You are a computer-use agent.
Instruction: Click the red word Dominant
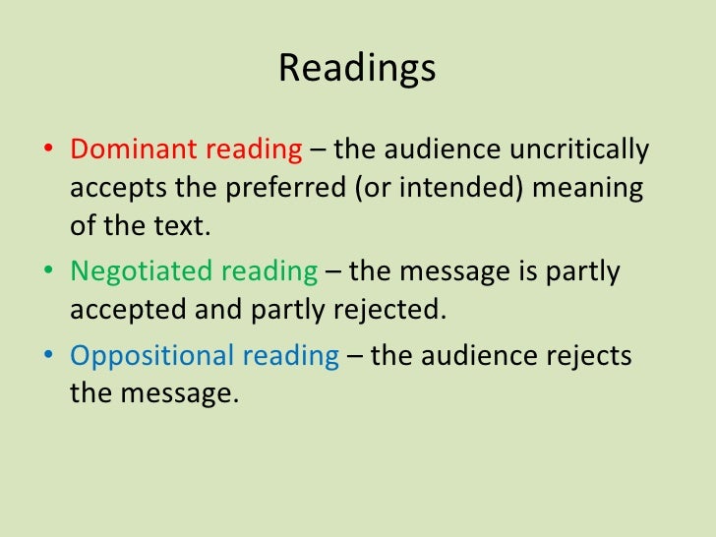[132, 150]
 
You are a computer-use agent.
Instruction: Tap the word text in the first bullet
[183, 225]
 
